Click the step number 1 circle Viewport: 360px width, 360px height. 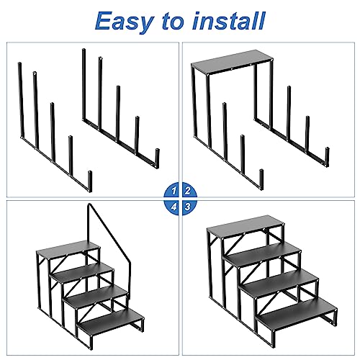click(172, 191)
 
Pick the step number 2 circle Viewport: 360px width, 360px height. click(187, 191)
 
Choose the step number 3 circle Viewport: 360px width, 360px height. click(187, 206)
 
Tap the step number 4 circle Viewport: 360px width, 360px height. click(172, 206)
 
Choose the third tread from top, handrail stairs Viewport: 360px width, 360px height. click(94, 294)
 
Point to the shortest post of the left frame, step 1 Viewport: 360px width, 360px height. click(89, 179)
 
